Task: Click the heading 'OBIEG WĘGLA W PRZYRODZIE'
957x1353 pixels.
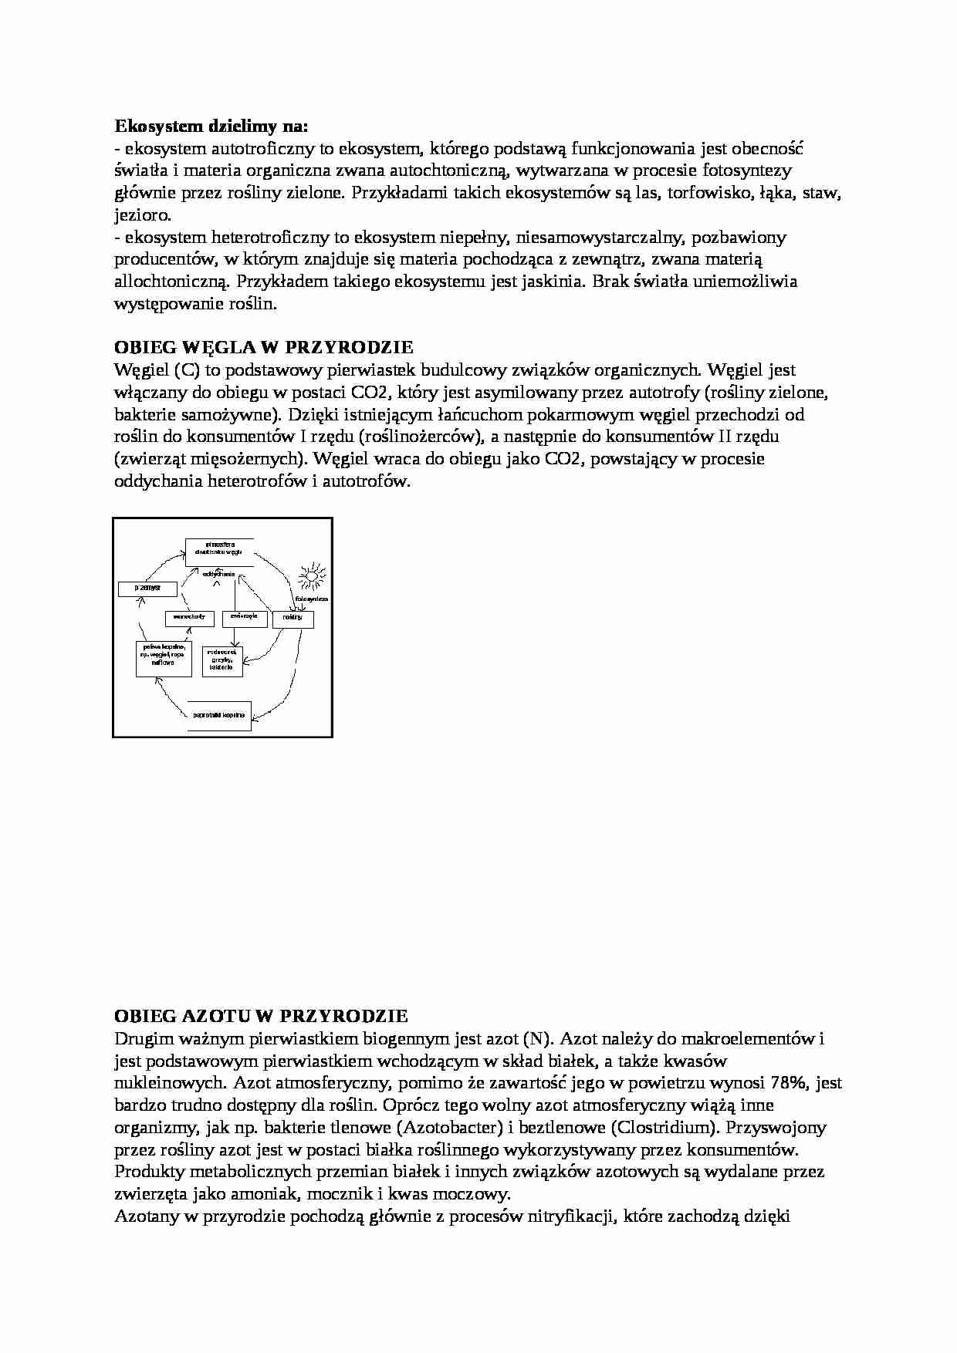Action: pyautogui.click(x=263, y=347)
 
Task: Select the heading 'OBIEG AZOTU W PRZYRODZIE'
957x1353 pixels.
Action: pyautogui.click(x=261, y=1016)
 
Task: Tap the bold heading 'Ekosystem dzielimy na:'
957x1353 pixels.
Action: pyautogui.click(x=211, y=125)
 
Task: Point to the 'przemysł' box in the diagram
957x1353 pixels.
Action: pyautogui.click(x=147, y=589)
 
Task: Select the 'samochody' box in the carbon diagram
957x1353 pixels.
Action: pyautogui.click(x=189, y=618)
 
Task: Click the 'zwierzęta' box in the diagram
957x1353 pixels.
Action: pyautogui.click(x=245, y=618)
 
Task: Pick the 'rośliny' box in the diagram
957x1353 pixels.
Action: pyautogui.click(x=293, y=619)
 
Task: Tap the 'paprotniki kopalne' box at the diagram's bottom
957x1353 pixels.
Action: pyautogui.click(x=219, y=716)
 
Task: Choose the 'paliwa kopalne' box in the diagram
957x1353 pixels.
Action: pyautogui.click(x=164, y=657)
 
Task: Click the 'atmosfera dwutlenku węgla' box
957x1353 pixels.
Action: pyautogui.click(x=219, y=550)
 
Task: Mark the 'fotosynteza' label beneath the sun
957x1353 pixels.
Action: pyautogui.click(x=312, y=599)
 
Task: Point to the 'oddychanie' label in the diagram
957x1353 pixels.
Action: pyautogui.click(x=219, y=575)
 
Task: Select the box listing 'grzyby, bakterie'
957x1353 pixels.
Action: pyautogui.click(x=222, y=660)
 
